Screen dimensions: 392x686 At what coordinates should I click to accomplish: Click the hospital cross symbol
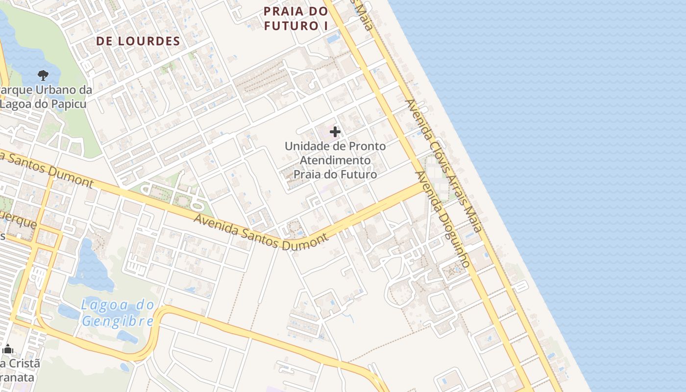[335, 132]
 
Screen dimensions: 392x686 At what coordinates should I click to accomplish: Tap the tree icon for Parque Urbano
[43, 75]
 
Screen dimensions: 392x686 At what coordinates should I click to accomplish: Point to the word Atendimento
[335, 160]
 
